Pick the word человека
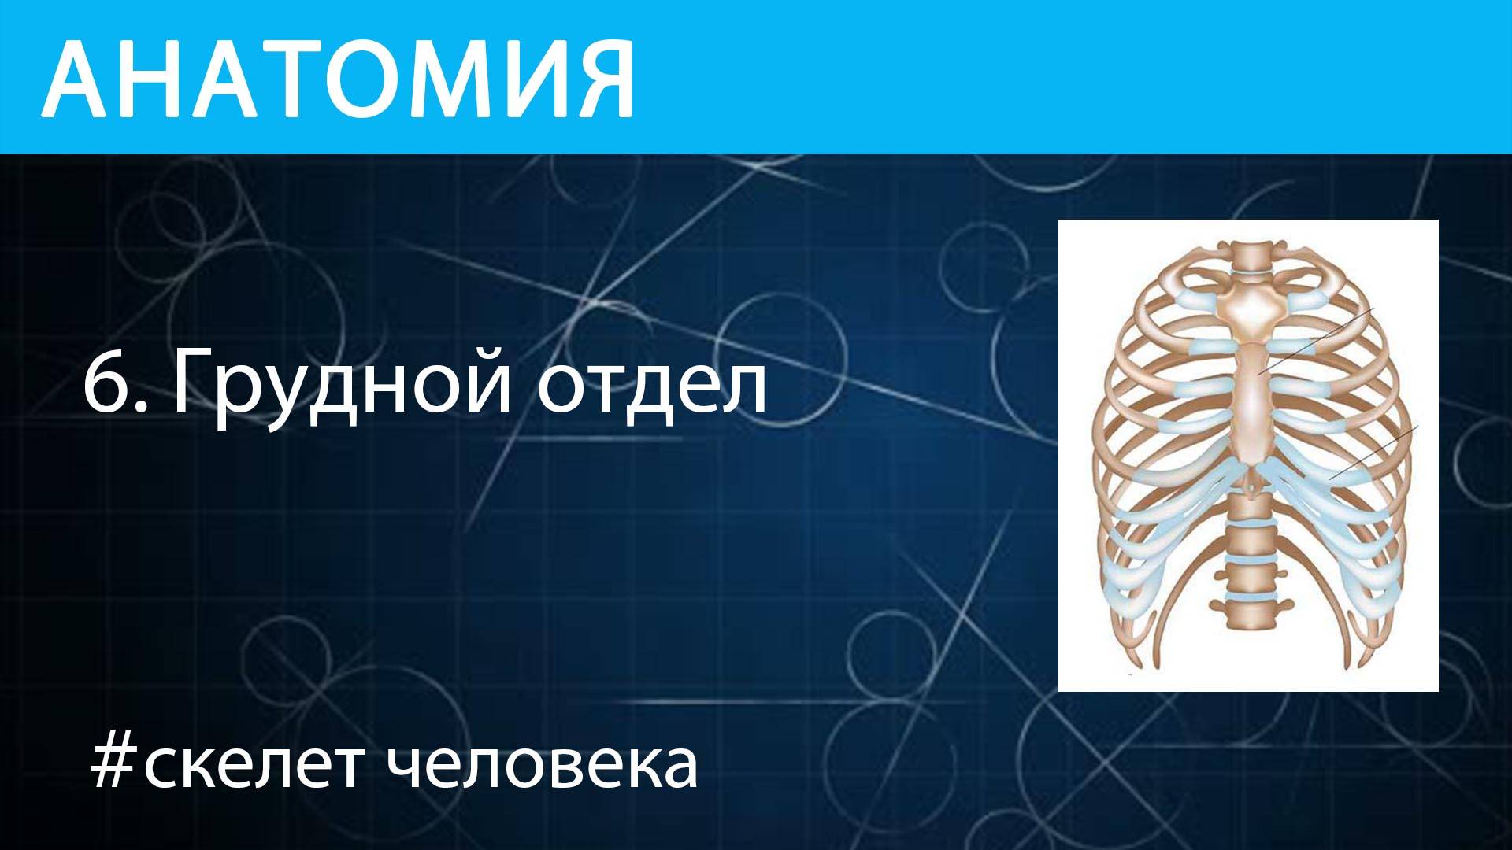click(x=543, y=765)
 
